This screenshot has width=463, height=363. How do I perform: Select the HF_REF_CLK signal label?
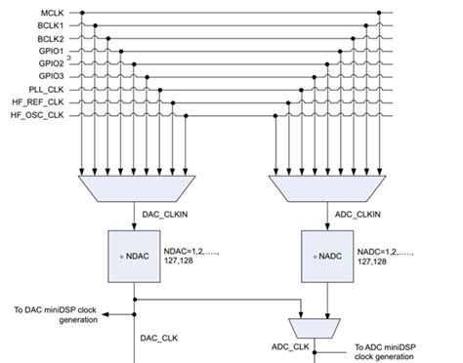tap(38, 101)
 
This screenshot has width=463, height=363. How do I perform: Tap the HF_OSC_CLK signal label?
tap(38, 114)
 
